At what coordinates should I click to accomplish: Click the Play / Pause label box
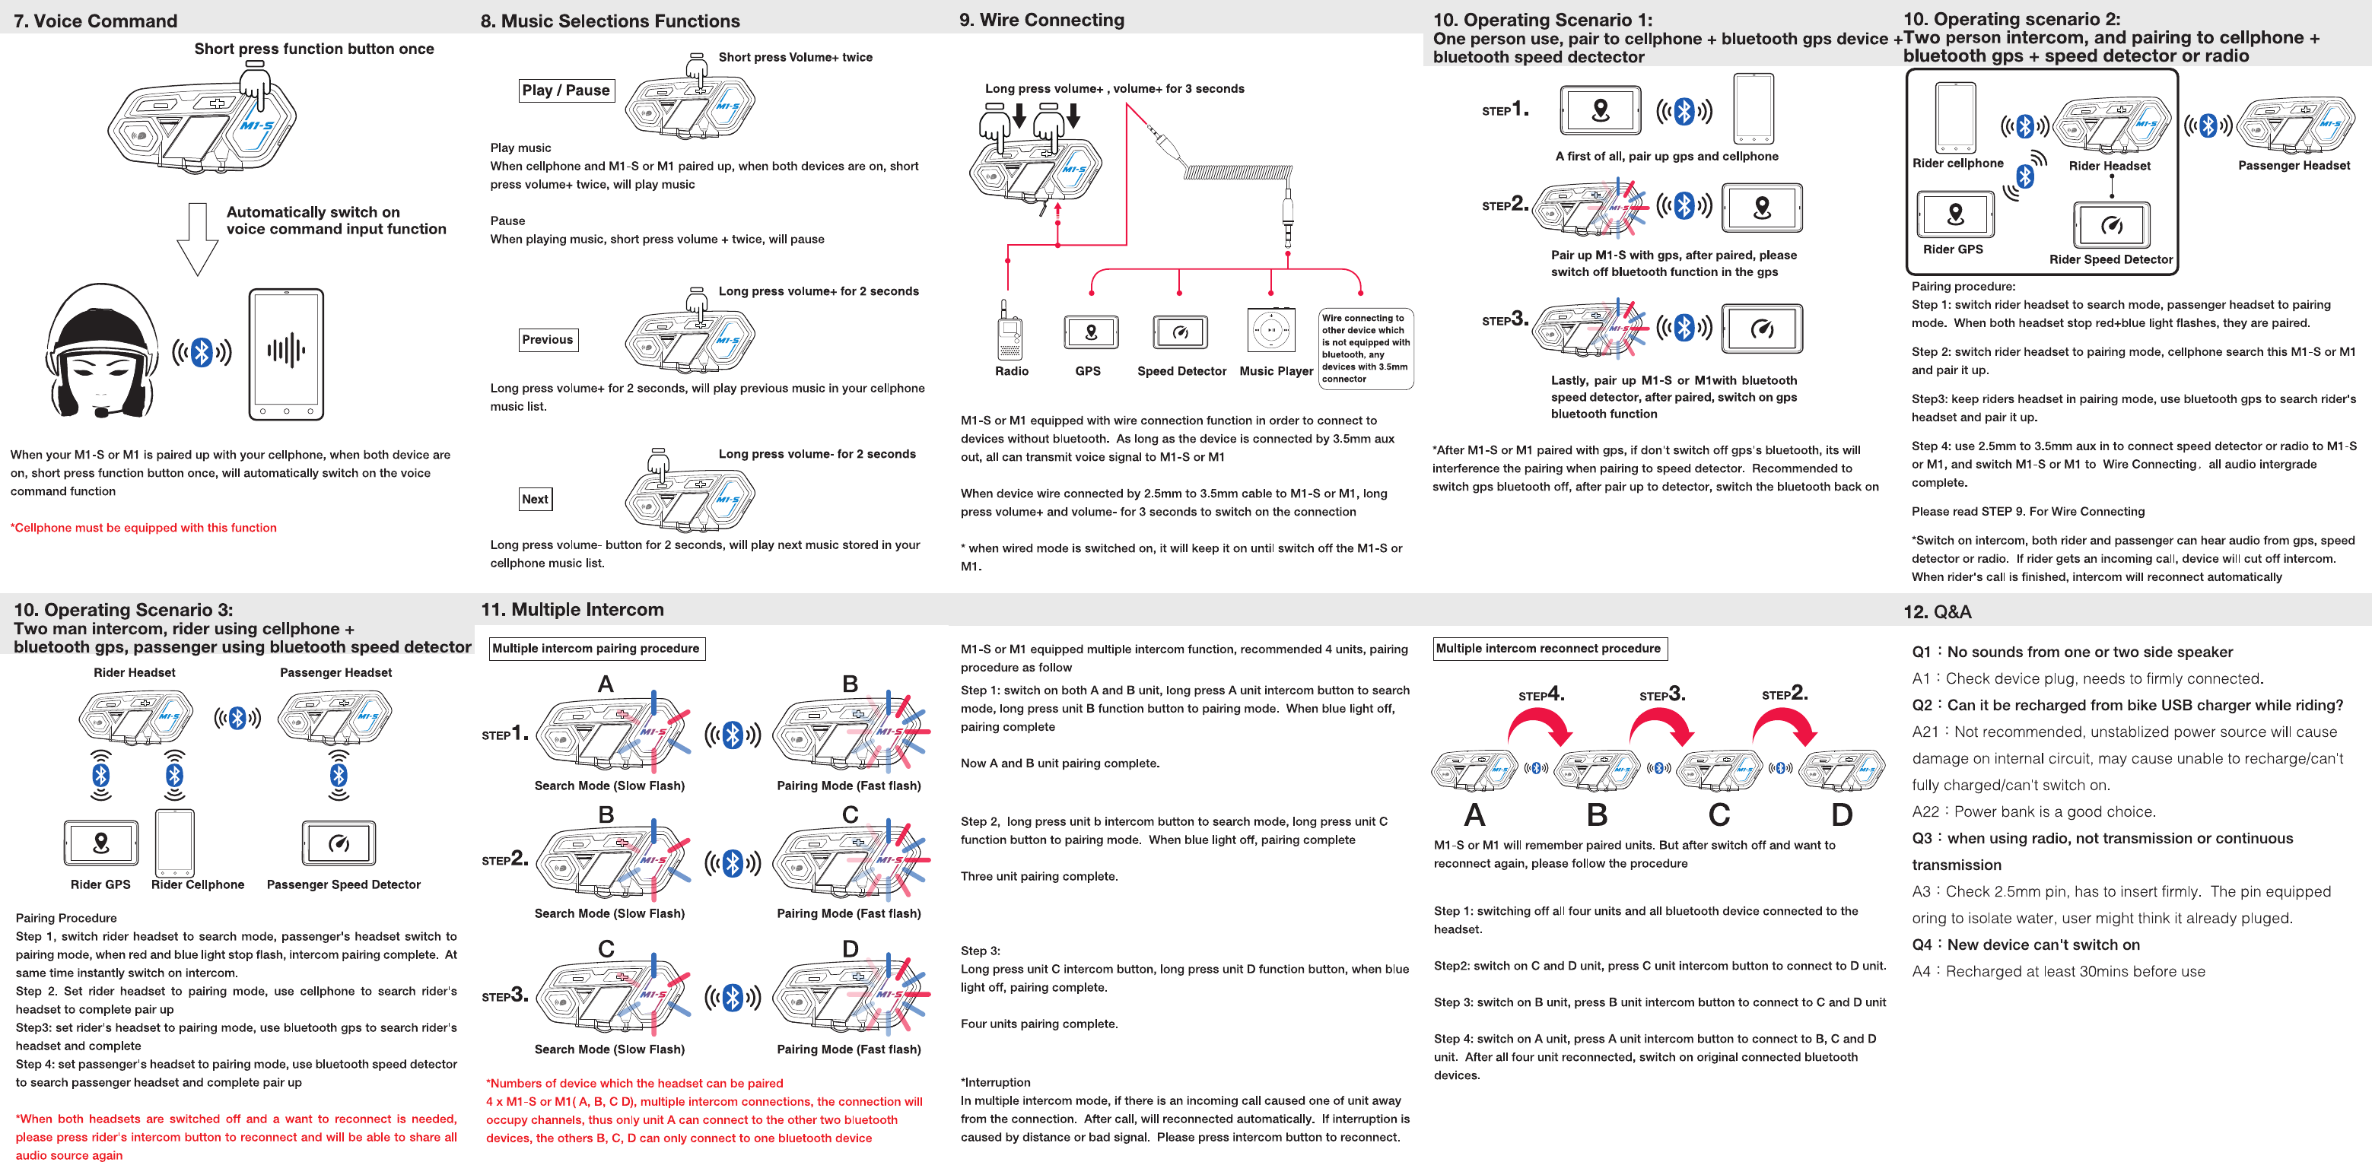click(x=565, y=90)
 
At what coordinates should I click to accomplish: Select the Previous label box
click(x=548, y=340)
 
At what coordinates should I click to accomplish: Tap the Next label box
click(x=535, y=499)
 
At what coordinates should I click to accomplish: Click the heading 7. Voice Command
click(x=96, y=21)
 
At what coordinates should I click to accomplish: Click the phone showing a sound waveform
click(x=286, y=354)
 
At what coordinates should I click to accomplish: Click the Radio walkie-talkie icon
click(x=1010, y=331)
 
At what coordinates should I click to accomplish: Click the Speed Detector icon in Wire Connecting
click(x=1180, y=332)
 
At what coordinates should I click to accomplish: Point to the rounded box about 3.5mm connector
click(x=1366, y=348)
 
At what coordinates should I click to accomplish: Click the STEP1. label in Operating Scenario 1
click(x=1505, y=110)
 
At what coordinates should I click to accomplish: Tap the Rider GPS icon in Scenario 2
click(x=1956, y=214)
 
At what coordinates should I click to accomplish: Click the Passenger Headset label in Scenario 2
click(x=2294, y=166)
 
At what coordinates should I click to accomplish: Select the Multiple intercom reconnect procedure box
click(x=1550, y=648)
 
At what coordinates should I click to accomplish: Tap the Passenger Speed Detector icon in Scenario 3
click(x=339, y=843)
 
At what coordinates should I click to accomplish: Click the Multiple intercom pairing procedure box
click(x=596, y=648)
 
